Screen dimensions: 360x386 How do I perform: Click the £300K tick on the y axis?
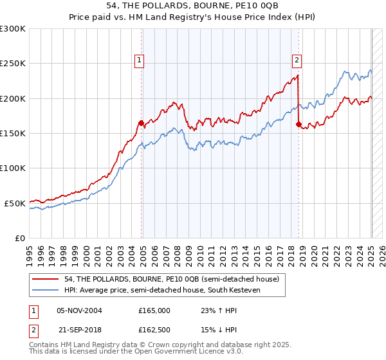click(12, 29)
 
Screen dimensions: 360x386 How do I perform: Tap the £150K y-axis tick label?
click(12, 134)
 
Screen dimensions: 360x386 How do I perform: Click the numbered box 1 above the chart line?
click(140, 61)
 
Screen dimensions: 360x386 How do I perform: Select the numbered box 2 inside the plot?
click(297, 61)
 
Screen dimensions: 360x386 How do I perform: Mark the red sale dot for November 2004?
click(141, 123)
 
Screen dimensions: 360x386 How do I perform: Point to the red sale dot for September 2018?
click(299, 125)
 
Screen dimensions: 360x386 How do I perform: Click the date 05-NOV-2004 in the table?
click(79, 310)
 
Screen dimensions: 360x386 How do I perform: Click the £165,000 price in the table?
click(154, 310)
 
